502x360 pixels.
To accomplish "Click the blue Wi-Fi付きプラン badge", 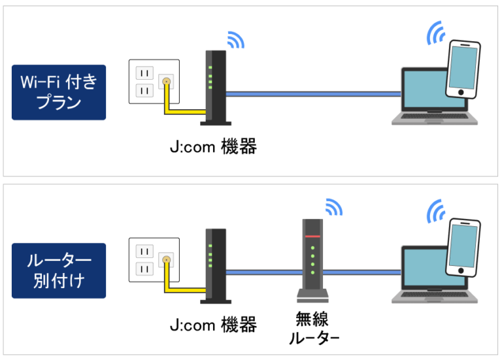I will (x=59, y=93).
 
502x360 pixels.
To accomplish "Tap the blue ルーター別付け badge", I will (x=59, y=270).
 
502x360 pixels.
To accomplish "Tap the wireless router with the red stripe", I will (x=312, y=258).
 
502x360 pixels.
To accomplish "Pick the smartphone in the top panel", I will (x=463, y=69).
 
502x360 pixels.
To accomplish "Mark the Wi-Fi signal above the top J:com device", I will (x=235, y=40).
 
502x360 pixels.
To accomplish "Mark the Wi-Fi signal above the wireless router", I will (x=333, y=208).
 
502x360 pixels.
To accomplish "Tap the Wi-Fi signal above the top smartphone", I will (x=435, y=33).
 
